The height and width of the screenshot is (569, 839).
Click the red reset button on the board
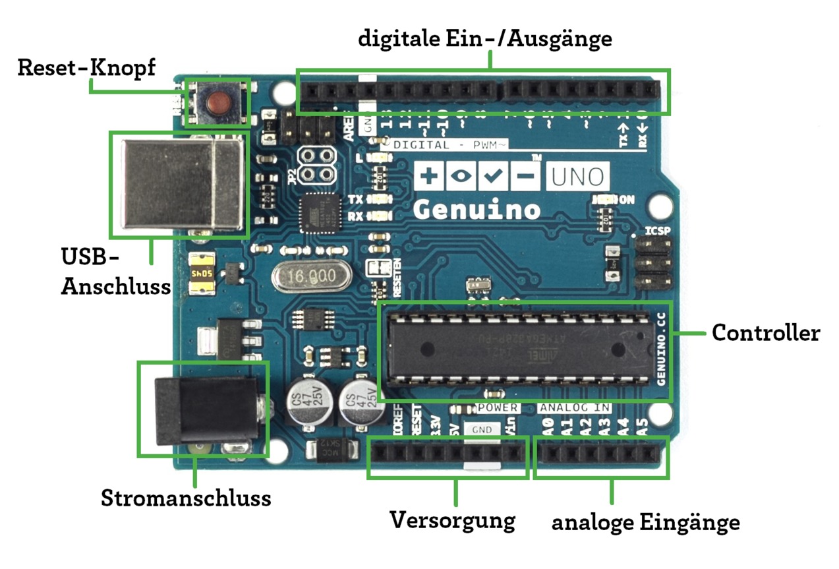point(217,102)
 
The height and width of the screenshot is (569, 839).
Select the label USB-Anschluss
point(115,271)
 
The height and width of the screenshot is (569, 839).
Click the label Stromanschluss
point(186,498)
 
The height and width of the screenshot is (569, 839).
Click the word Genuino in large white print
point(477,210)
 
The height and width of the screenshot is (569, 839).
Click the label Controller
point(765,333)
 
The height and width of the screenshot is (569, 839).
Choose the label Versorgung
point(452,520)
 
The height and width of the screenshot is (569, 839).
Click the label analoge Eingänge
point(645,523)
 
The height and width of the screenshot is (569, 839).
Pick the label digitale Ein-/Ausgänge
point(485,39)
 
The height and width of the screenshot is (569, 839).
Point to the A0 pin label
point(548,428)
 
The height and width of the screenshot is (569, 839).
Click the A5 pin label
point(645,428)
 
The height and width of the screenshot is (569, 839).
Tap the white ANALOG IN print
point(574,408)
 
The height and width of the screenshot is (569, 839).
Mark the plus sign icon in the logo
point(428,176)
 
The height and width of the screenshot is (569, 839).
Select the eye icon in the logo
point(460,176)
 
